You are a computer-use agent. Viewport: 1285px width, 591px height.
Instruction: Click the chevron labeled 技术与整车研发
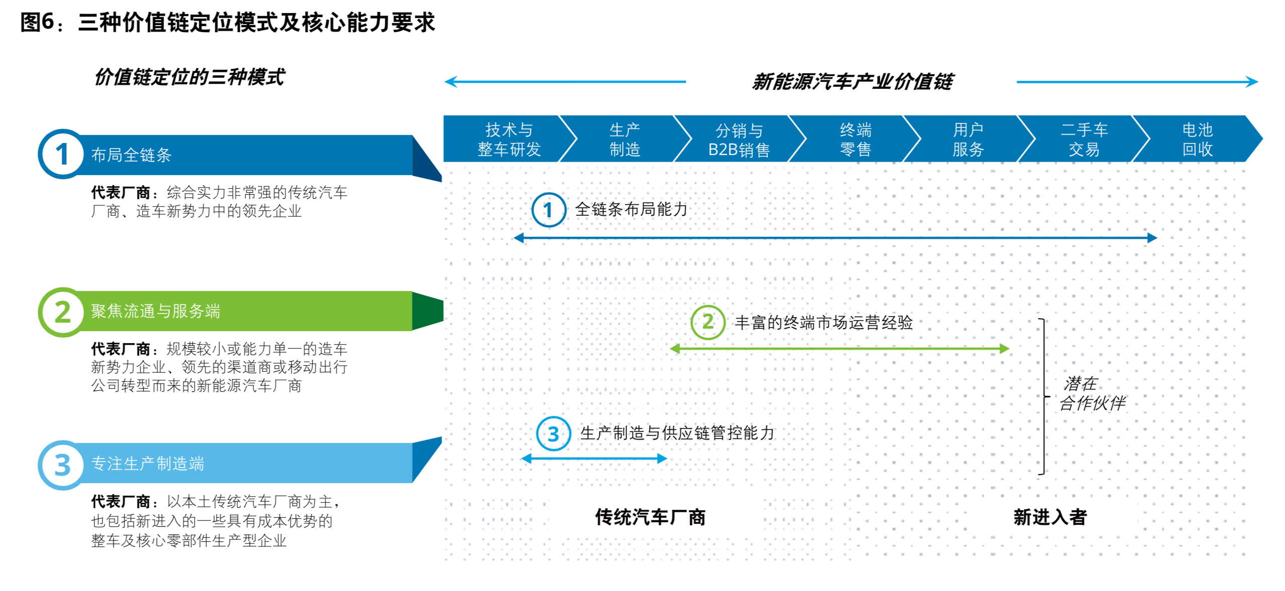tap(508, 139)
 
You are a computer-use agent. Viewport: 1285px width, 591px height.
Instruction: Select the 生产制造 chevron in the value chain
tap(624, 139)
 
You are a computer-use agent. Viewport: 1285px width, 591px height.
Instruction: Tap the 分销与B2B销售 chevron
tap(738, 139)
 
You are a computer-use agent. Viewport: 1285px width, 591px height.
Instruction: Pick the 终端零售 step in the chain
tap(855, 139)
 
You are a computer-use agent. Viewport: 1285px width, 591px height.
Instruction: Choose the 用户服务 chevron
tap(968, 139)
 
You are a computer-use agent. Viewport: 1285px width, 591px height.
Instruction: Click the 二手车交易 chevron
tap(1083, 139)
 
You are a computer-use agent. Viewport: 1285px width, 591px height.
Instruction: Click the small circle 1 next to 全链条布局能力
tap(548, 210)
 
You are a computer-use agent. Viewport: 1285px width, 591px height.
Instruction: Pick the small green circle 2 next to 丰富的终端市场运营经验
tap(707, 322)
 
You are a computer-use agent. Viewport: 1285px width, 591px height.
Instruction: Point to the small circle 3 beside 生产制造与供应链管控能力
tap(553, 434)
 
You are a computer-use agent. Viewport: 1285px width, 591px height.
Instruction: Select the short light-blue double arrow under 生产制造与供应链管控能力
tap(594, 458)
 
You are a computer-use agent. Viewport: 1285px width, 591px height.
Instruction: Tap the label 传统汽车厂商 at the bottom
tap(650, 517)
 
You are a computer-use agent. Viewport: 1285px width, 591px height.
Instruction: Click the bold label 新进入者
tap(1049, 517)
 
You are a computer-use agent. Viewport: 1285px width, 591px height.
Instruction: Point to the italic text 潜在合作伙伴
tap(1091, 393)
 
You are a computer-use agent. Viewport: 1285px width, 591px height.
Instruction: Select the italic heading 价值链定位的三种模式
tap(190, 77)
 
